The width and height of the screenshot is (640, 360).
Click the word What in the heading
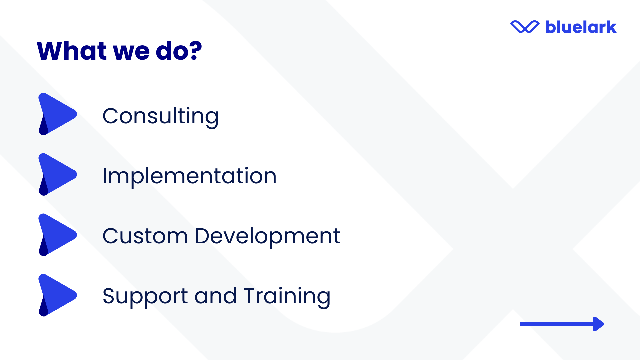click(72, 51)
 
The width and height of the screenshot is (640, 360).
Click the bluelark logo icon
click(525, 27)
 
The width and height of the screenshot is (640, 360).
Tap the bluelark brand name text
click(581, 27)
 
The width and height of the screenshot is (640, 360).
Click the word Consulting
click(160, 117)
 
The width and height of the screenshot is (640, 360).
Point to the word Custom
click(145, 236)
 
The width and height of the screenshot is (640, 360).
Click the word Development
click(267, 237)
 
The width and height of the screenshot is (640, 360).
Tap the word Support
click(145, 297)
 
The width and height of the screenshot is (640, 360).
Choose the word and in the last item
click(215, 295)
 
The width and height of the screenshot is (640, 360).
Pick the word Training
click(287, 297)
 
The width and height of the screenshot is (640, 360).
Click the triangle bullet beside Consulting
click(57, 114)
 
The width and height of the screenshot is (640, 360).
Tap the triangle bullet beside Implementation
click(57, 174)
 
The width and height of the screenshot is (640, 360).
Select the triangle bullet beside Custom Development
click(57, 235)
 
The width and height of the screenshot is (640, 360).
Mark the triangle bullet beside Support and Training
click(57, 295)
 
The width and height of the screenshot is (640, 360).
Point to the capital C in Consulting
click(111, 116)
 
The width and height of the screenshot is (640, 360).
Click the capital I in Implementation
click(105, 176)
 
